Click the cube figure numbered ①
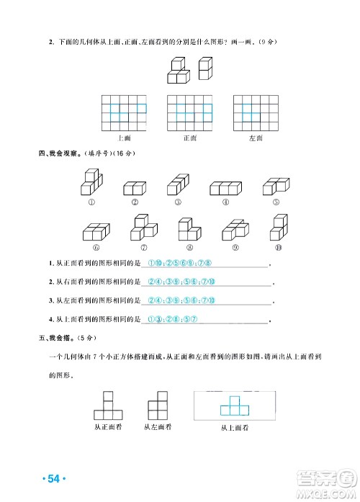coord(91,182)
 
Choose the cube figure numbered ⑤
coord(276,187)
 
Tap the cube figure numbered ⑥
coord(94,230)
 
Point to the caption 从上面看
coord(234,428)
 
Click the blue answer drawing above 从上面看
coord(234,405)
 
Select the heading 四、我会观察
coord(58,153)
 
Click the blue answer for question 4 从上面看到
coord(171,319)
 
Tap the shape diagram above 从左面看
coord(158,405)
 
